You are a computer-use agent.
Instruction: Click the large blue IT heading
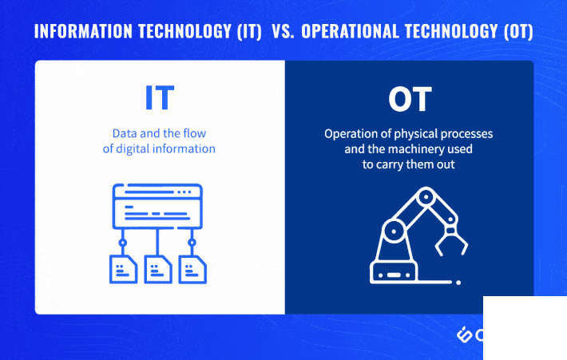(x=160, y=97)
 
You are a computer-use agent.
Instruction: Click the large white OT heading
(x=410, y=100)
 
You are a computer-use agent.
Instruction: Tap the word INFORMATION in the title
(x=83, y=31)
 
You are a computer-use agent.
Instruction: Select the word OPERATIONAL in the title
(x=350, y=31)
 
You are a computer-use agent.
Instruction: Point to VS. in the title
(x=283, y=31)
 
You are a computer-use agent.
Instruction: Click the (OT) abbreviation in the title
(x=518, y=31)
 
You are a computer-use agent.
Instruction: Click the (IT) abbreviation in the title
(x=249, y=31)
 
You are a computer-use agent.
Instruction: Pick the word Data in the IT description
(x=125, y=133)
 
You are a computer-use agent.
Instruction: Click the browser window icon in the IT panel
(x=157, y=207)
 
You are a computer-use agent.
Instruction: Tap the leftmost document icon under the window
(x=123, y=269)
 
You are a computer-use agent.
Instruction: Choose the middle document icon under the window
(x=157, y=269)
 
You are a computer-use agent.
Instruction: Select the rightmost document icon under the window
(x=192, y=269)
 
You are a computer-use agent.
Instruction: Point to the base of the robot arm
(x=394, y=273)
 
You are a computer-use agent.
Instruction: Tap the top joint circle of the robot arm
(x=426, y=197)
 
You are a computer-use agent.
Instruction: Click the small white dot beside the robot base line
(x=458, y=283)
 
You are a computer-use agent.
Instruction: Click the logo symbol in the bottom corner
(x=464, y=334)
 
